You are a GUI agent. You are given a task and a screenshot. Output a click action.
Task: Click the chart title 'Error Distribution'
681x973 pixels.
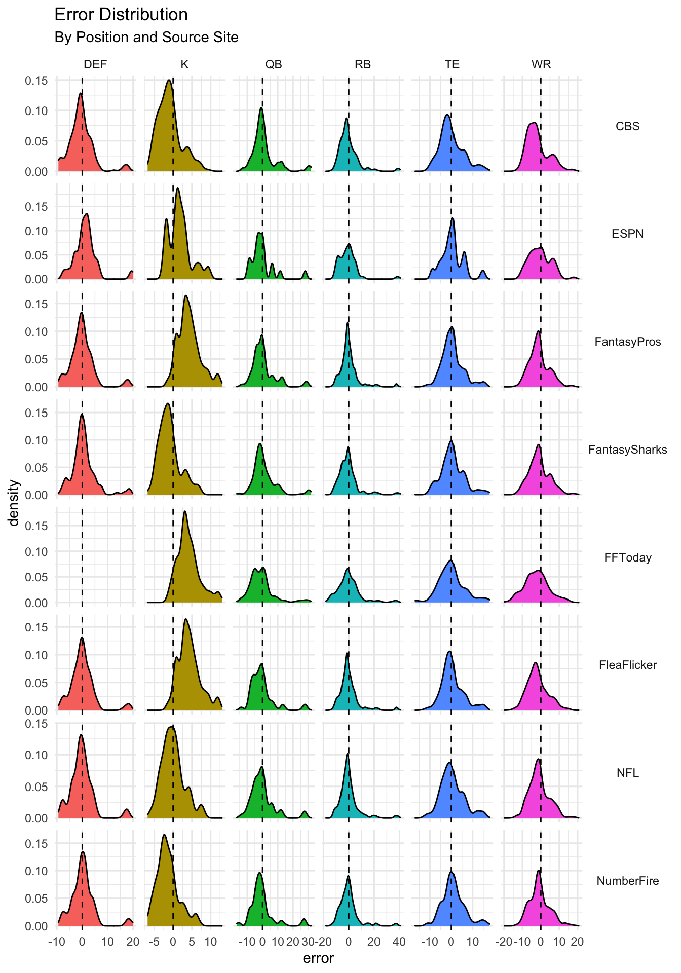coord(121,15)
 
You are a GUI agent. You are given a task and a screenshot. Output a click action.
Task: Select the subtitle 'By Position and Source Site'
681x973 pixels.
coord(146,38)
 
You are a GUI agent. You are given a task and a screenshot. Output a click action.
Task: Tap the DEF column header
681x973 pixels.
coord(95,64)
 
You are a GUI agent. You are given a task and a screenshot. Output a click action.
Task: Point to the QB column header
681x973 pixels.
coord(274,64)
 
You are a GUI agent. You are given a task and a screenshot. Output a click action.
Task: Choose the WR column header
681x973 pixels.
coord(541,64)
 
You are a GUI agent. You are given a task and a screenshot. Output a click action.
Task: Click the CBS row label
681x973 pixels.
coord(627,126)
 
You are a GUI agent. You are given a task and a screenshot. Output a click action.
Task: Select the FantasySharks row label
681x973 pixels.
coord(627,450)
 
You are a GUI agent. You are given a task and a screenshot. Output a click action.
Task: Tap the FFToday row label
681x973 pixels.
coord(627,557)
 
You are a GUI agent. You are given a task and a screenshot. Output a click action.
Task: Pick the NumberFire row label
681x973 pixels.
coord(627,881)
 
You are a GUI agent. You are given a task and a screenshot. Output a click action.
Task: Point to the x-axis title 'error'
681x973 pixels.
coord(318,958)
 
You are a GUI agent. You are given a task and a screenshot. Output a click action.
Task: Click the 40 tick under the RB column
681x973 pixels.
coord(399,942)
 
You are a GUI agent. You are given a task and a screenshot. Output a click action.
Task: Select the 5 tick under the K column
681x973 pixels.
coord(192,942)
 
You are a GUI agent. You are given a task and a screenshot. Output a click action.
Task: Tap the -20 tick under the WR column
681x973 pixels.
coord(505,942)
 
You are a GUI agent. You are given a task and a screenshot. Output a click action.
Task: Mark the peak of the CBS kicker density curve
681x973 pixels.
coord(168,80)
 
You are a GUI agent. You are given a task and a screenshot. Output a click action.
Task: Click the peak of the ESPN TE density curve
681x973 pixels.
coord(452,218)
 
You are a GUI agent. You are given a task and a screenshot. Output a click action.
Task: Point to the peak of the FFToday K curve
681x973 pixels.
coord(184,511)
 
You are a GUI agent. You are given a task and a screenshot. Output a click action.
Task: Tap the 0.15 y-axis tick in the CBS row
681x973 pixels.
coord(36,81)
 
